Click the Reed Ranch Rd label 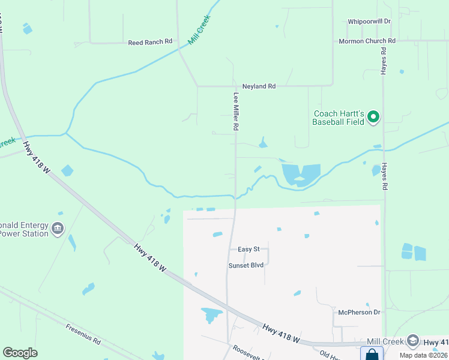pyautogui.click(x=150, y=42)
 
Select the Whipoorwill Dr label pyautogui.click(x=369, y=21)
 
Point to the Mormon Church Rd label pyautogui.click(x=367, y=41)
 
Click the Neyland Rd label pyautogui.click(x=259, y=86)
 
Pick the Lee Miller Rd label pyautogui.click(x=236, y=112)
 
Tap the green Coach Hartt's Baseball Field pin pyautogui.click(x=373, y=116)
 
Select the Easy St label pyautogui.click(x=249, y=249)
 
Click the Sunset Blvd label pyautogui.click(x=246, y=265)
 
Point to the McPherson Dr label pyautogui.click(x=359, y=312)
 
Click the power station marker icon pyautogui.click(x=58, y=228)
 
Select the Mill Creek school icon pyautogui.click(x=412, y=341)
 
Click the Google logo pyautogui.click(x=20, y=353)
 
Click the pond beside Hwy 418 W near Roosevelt pyautogui.click(x=211, y=314)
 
